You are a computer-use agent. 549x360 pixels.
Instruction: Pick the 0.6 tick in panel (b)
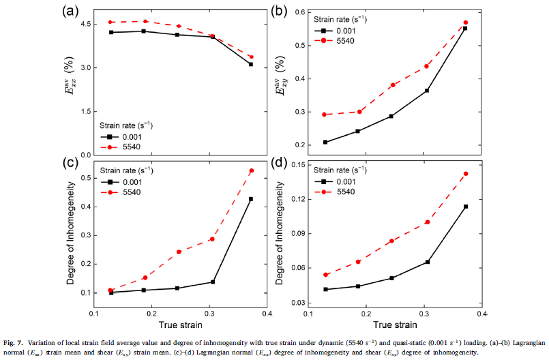pyautogui.click(x=298, y=12)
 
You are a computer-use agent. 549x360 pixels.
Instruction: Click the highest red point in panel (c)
pyautogui.click(x=252, y=170)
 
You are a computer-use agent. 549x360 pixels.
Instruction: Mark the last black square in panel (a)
pyautogui.click(x=252, y=64)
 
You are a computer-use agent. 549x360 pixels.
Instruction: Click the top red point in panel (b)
pyautogui.click(x=466, y=22)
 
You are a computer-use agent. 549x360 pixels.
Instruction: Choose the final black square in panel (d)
pyautogui.click(x=466, y=207)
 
